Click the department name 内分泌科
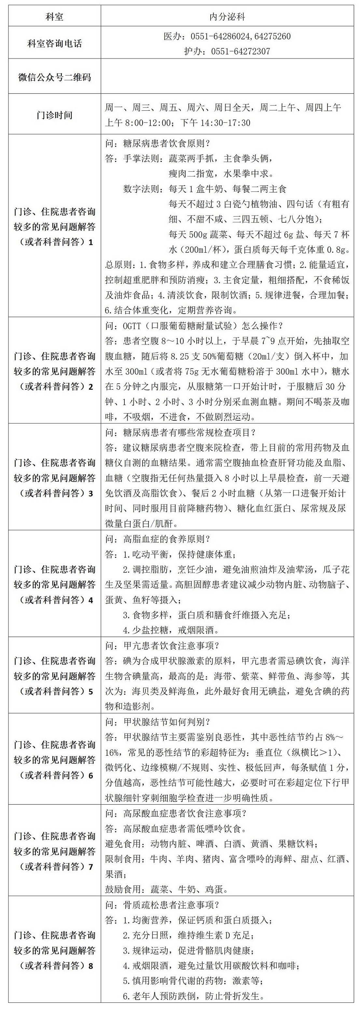227,17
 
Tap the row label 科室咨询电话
54,43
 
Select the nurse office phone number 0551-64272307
241,51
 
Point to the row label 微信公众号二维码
54,77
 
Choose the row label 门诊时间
54,115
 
